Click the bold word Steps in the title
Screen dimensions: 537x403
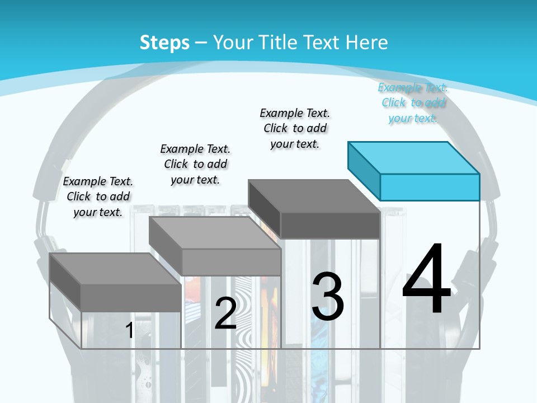coord(164,43)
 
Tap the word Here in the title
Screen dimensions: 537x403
coord(367,43)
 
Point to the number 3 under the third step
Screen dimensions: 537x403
coord(328,296)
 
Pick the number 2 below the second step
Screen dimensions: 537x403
coord(225,313)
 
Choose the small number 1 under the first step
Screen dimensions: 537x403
coord(130,330)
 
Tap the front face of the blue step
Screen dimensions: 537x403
coord(430,187)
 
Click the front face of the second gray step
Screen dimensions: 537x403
coord(232,262)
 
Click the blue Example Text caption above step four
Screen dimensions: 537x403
coord(413,102)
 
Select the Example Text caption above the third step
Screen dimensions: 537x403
coord(295,128)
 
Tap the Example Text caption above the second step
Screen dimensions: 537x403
coord(195,164)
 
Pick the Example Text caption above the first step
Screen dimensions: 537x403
coord(98,196)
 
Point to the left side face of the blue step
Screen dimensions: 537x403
coord(364,171)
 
